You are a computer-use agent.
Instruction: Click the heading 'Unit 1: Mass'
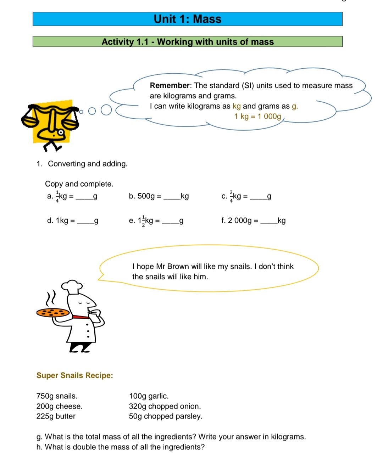point(187,19)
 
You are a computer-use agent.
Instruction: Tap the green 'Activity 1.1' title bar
point(187,42)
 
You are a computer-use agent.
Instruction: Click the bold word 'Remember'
point(170,86)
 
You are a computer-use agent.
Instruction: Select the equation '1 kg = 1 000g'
point(257,116)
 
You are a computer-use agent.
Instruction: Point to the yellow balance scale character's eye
point(61,133)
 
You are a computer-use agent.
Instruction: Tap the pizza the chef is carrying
point(53,313)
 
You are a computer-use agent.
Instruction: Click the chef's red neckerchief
point(81,317)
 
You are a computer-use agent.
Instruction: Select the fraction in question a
point(57,197)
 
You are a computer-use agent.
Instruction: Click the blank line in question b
point(172,198)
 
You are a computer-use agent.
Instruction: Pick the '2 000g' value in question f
point(240,221)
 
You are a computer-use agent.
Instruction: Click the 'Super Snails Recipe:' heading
point(74,375)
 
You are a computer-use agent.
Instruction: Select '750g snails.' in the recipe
point(57,396)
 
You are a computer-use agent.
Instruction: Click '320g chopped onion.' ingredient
point(165,406)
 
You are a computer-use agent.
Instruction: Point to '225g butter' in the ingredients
point(56,416)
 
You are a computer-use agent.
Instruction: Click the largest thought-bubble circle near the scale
point(106,110)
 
